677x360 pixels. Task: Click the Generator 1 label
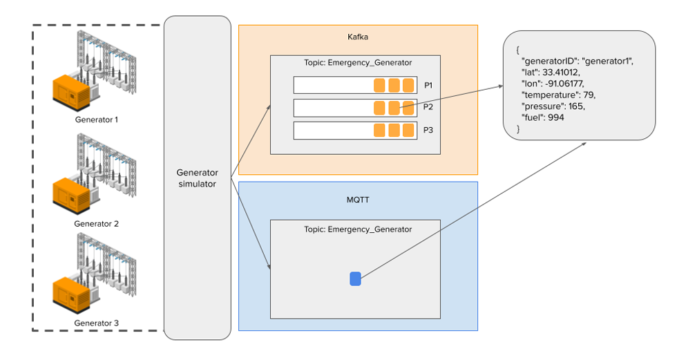tap(96, 120)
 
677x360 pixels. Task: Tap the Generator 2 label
tap(96, 224)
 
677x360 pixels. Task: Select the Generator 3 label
tap(96, 323)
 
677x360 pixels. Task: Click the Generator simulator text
tap(198, 178)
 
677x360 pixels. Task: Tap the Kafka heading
tap(358, 36)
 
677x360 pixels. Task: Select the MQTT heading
tap(358, 200)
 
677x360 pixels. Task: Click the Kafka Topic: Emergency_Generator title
tap(358, 63)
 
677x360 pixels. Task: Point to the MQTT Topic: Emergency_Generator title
tap(358, 229)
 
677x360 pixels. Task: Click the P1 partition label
tap(428, 86)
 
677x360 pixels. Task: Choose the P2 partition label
tap(428, 108)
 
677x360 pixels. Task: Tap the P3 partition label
tap(428, 131)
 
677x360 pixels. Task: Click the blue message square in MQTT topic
tap(355, 278)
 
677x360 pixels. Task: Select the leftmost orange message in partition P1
tap(379, 86)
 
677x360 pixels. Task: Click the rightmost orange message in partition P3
tap(409, 131)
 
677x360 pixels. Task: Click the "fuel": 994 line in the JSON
tap(544, 118)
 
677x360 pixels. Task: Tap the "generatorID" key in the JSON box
tap(550, 61)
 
